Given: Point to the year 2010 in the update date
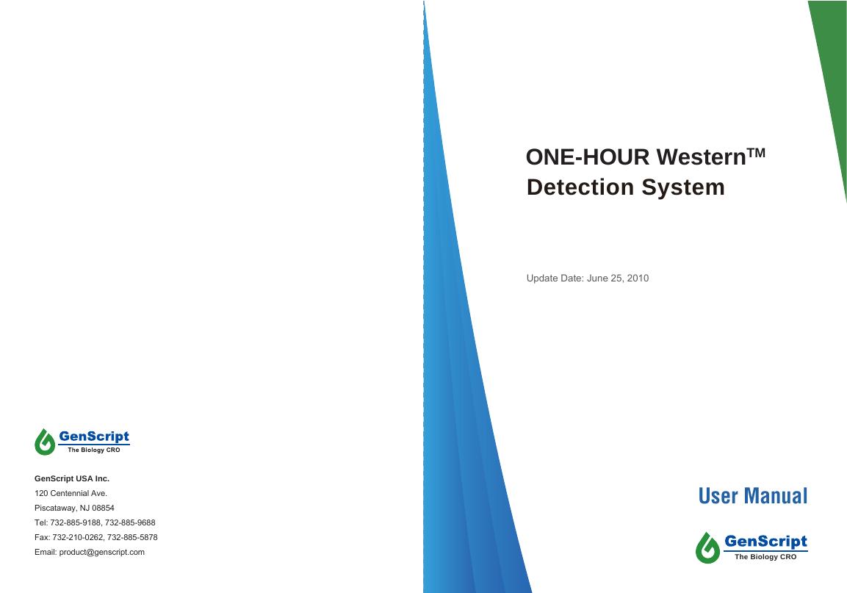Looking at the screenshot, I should point(638,278).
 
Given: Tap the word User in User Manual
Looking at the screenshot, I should point(719,496).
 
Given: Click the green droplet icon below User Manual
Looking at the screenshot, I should point(707,547).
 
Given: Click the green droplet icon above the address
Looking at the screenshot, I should point(46,442).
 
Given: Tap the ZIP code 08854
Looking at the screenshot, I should point(102,508).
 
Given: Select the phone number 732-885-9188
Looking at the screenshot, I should point(76,522).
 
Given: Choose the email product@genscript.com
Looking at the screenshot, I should point(102,552).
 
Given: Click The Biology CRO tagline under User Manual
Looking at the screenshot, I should point(765,557).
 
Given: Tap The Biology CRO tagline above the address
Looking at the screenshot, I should point(88,449).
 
